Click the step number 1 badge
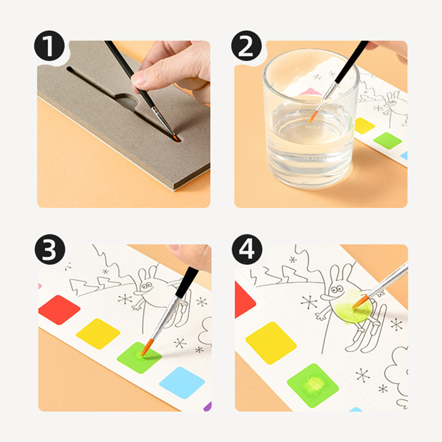coord(49,46)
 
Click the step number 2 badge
coord(246,46)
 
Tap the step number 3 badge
coord(50,249)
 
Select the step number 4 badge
coord(247,249)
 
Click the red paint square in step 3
coord(59,310)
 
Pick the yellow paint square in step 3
coord(98,334)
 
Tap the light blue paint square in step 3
coord(182,383)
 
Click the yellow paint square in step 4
coord(271,343)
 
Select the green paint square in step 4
coord(313,386)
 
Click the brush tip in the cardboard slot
coord(176,138)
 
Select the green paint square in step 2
coord(388,141)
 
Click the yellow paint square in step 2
coord(364,125)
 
